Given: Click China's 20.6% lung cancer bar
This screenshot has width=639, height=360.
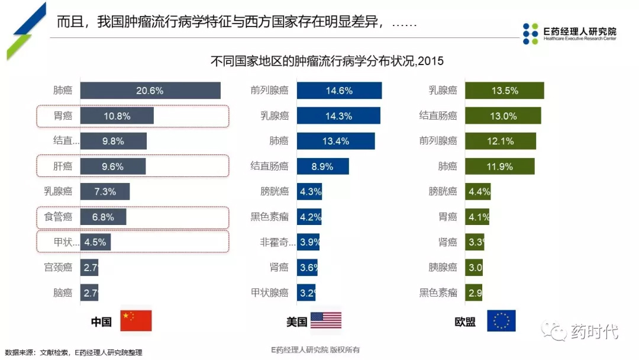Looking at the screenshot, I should [x=150, y=91].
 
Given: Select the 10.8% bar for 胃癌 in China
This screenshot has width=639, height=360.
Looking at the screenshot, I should [x=117, y=116].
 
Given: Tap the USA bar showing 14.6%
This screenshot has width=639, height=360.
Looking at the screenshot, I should [x=339, y=91].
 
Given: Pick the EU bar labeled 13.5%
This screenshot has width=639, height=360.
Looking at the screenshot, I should [x=504, y=91].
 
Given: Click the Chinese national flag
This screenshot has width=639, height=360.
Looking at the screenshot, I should [x=136, y=320].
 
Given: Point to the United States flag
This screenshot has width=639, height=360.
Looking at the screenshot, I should [x=326, y=320].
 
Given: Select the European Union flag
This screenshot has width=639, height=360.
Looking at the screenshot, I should [x=501, y=320].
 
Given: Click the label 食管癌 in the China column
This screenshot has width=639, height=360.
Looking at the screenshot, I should [x=58, y=217].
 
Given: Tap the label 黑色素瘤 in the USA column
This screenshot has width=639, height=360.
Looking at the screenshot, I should [x=269, y=217].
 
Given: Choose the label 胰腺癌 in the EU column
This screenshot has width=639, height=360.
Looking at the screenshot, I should [x=443, y=267].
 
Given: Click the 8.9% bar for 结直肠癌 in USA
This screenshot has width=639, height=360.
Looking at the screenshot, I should [x=322, y=166].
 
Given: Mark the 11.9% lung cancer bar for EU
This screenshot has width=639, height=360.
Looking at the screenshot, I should [x=499, y=166].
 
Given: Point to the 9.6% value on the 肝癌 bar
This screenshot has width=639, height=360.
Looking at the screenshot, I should [x=112, y=167].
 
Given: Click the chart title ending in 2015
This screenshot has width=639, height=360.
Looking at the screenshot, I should [x=327, y=61].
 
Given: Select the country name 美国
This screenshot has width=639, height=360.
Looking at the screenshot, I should [x=296, y=322].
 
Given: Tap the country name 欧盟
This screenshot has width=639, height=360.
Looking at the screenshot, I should [x=465, y=322].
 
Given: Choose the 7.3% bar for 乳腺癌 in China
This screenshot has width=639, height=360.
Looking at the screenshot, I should [x=105, y=192].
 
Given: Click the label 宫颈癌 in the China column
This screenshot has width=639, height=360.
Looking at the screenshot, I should [x=58, y=267].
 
